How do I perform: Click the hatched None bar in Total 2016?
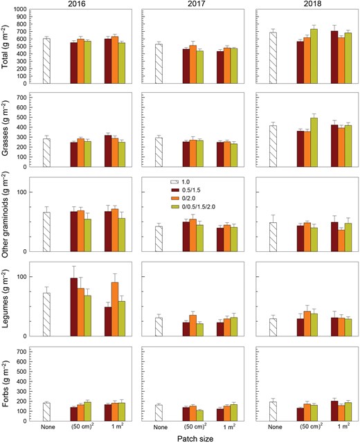[46, 61]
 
